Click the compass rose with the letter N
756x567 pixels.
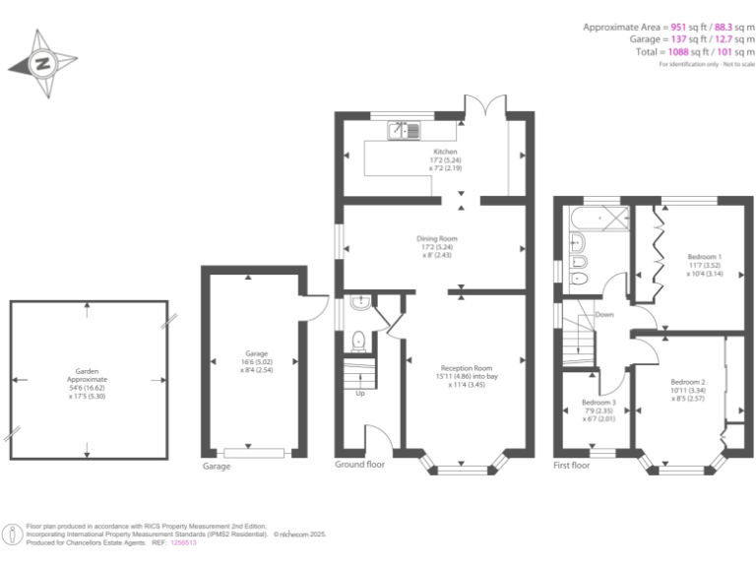tap(43, 64)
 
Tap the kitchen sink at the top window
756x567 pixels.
tap(405, 129)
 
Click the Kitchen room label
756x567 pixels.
tap(446, 152)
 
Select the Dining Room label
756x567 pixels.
tap(439, 238)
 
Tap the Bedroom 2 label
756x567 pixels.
tap(688, 382)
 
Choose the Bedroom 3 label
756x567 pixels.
tap(598, 402)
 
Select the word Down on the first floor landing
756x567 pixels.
tap(603, 315)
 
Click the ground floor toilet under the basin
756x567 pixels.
tap(358, 342)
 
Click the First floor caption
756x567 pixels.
tap(572, 465)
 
